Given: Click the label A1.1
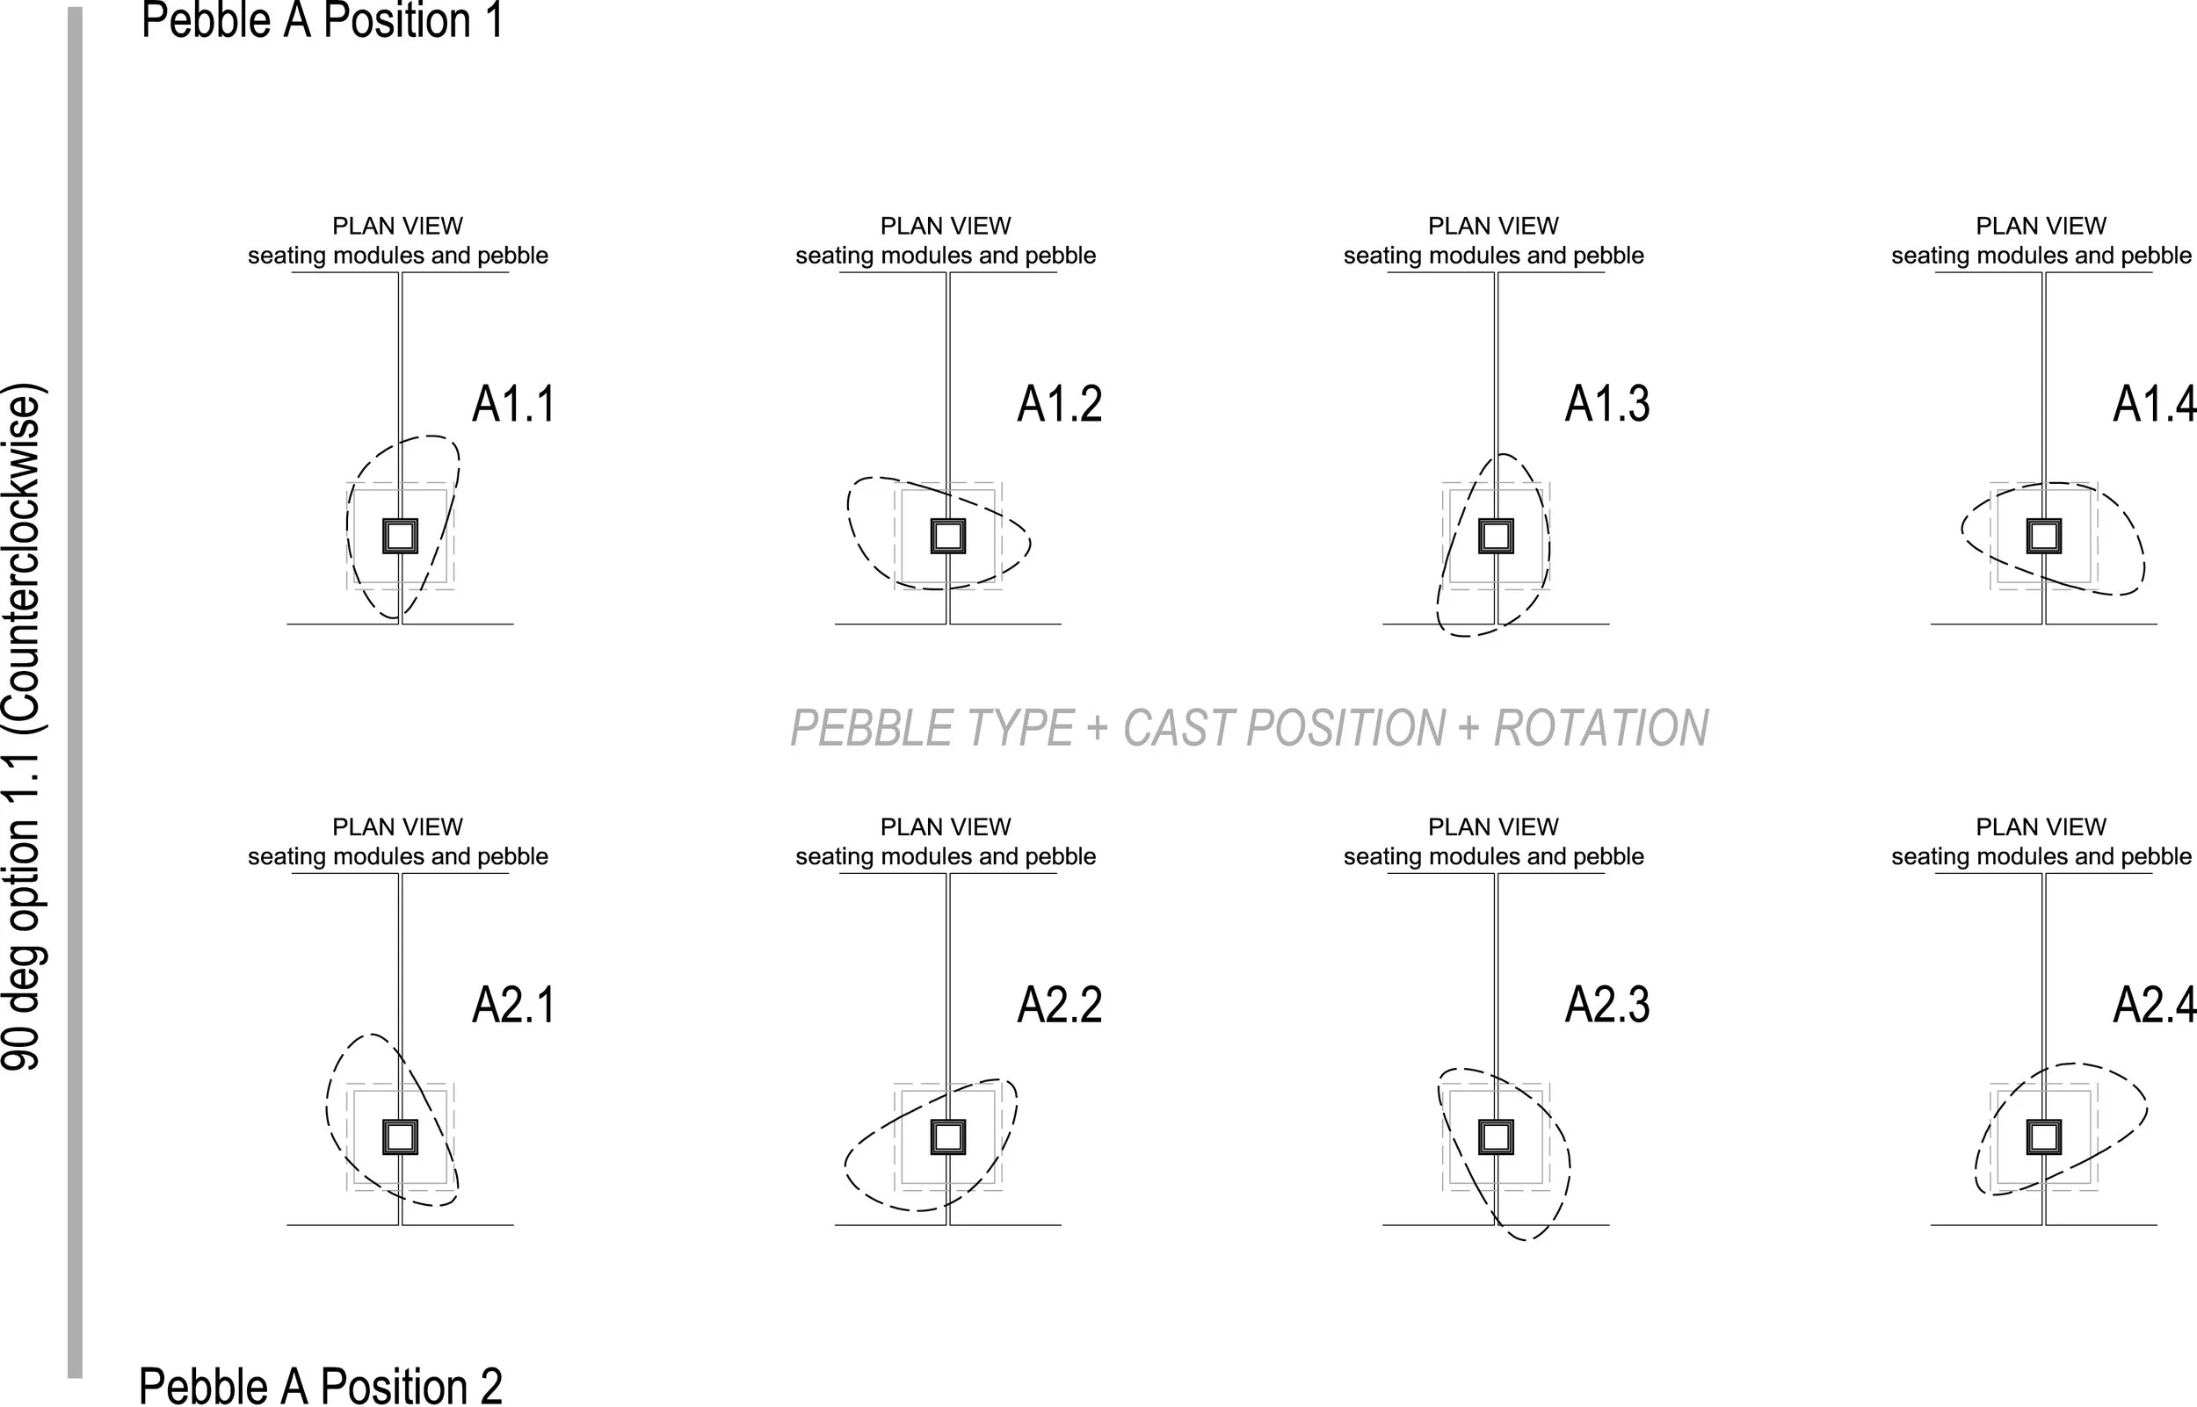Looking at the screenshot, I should tap(512, 405).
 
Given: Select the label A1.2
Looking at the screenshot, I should tap(1059, 405).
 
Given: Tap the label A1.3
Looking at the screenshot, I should tap(1606, 405).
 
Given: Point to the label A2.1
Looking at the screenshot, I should tap(512, 1005).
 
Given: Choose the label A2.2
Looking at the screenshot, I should tap(1059, 1005).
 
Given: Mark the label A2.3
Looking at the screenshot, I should tap(1606, 1005).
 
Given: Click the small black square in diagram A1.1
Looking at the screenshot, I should tap(400, 537).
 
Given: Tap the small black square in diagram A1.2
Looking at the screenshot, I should tap(947, 537).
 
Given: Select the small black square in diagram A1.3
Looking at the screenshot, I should tap(1496, 537).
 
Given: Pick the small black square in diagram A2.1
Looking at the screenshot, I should tap(400, 1137).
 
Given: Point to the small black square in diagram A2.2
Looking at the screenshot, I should tap(947, 1137).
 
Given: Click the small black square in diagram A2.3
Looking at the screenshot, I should tap(1496, 1137).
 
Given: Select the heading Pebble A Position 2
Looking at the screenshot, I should tap(320, 1385).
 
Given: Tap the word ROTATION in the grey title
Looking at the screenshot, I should tap(1601, 729).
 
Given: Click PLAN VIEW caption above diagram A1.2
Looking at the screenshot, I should tap(945, 226).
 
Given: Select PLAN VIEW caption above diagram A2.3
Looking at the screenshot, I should tap(1493, 826).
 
